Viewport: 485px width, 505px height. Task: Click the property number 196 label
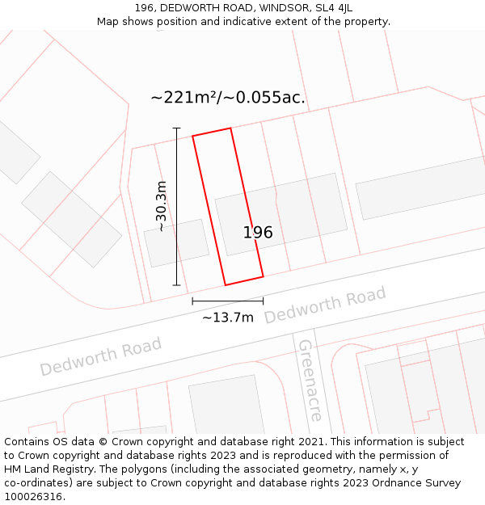(x=258, y=233)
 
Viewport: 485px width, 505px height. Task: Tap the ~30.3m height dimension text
(x=162, y=207)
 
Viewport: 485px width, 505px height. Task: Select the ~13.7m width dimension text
(x=227, y=318)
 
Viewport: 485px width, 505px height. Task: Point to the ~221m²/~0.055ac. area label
(x=228, y=98)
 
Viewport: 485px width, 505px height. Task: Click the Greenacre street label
(x=310, y=380)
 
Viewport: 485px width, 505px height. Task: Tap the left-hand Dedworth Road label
(x=101, y=356)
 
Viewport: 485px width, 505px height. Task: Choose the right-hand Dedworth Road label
(x=325, y=305)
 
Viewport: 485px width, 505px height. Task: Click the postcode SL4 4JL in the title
(x=331, y=8)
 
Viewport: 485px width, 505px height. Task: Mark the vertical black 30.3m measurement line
(x=176, y=207)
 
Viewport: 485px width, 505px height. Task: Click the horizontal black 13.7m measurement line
(x=227, y=301)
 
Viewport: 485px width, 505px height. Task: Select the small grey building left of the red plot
(x=176, y=242)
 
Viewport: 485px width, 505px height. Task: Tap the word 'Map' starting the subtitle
(x=108, y=22)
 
